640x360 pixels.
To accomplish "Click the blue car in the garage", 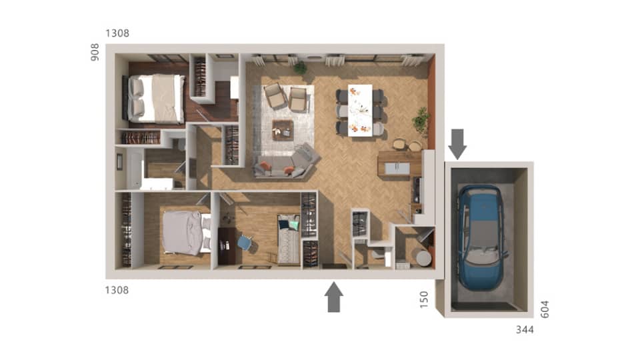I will (x=481, y=237).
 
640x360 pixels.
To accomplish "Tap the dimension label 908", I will (x=95, y=52).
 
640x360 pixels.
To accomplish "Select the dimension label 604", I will (x=545, y=309).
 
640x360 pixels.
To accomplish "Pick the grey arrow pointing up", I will (x=334, y=297).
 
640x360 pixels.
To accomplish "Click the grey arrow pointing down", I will (x=457, y=142).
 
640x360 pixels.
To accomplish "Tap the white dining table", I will (x=360, y=110).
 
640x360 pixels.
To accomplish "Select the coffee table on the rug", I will (x=283, y=129).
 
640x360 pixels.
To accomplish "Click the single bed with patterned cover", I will (x=289, y=240).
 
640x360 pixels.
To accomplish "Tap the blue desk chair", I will (x=245, y=243).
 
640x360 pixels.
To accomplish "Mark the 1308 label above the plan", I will (x=117, y=33).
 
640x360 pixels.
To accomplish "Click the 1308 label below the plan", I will (x=117, y=290).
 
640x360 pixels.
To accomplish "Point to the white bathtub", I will (x=135, y=169).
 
